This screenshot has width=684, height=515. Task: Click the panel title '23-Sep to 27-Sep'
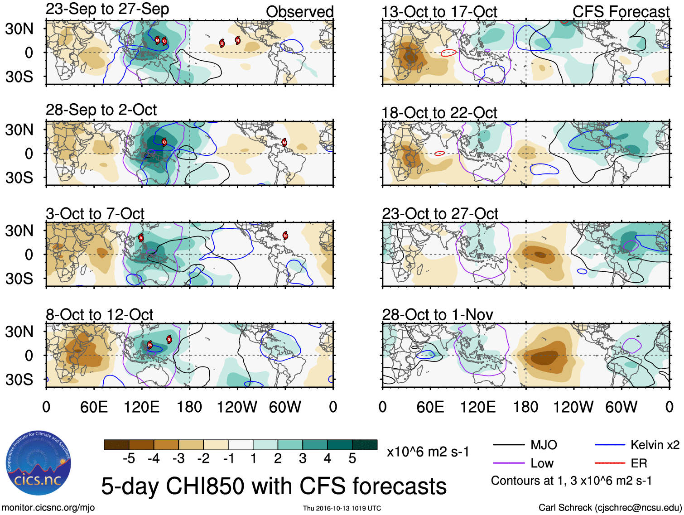(x=107, y=9)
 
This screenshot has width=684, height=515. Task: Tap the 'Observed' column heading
(x=299, y=12)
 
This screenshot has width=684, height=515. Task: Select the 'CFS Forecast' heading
(x=621, y=12)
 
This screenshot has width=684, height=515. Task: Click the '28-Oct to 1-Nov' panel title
(x=437, y=314)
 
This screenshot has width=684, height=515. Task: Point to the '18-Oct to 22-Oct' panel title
(x=439, y=112)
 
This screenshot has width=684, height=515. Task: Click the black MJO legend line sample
(x=509, y=445)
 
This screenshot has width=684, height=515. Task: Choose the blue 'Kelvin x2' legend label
(x=655, y=445)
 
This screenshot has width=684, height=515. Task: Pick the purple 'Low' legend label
(x=542, y=463)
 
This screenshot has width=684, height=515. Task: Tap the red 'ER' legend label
(x=639, y=463)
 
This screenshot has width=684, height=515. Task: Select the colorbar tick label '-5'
(x=129, y=459)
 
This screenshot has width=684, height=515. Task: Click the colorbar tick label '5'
(x=352, y=459)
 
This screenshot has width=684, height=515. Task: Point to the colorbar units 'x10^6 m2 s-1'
(x=428, y=452)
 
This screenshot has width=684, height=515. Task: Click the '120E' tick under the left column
(x=142, y=407)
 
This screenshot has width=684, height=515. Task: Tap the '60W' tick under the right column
(x=621, y=407)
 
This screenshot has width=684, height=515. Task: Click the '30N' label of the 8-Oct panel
(x=19, y=332)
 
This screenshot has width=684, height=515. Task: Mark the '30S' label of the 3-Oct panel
(x=19, y=278)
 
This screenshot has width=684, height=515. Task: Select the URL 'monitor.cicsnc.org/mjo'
(x=48, y=507)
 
